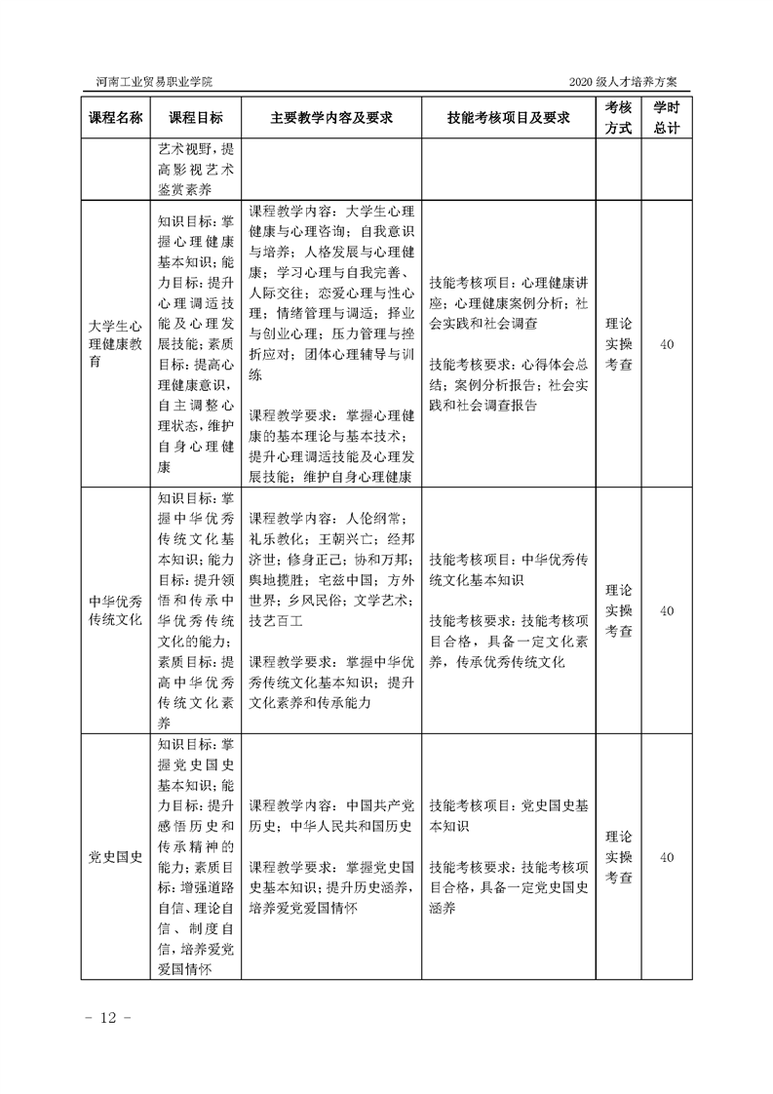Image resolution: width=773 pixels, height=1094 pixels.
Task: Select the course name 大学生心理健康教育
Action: pyautogui.click(x=115, y=343)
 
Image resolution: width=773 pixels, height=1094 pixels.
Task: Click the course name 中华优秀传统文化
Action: pyautogui.click(x=115, y=610)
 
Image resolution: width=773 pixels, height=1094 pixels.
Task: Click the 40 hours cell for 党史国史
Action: pyautogui.click(x=667, y=858)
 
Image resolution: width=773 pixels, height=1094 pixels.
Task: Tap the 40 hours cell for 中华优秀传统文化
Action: pyautogui.click(x=667, y=610)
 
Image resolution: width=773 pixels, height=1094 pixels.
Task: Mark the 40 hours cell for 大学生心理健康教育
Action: pyautogui.click(x=667, y=343)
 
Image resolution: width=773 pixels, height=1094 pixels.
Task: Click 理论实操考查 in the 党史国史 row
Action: pyautogui.click(x=618, y=858)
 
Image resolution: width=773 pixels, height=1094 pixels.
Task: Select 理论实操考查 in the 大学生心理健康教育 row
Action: pyautogui.click(x=618, y=343)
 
